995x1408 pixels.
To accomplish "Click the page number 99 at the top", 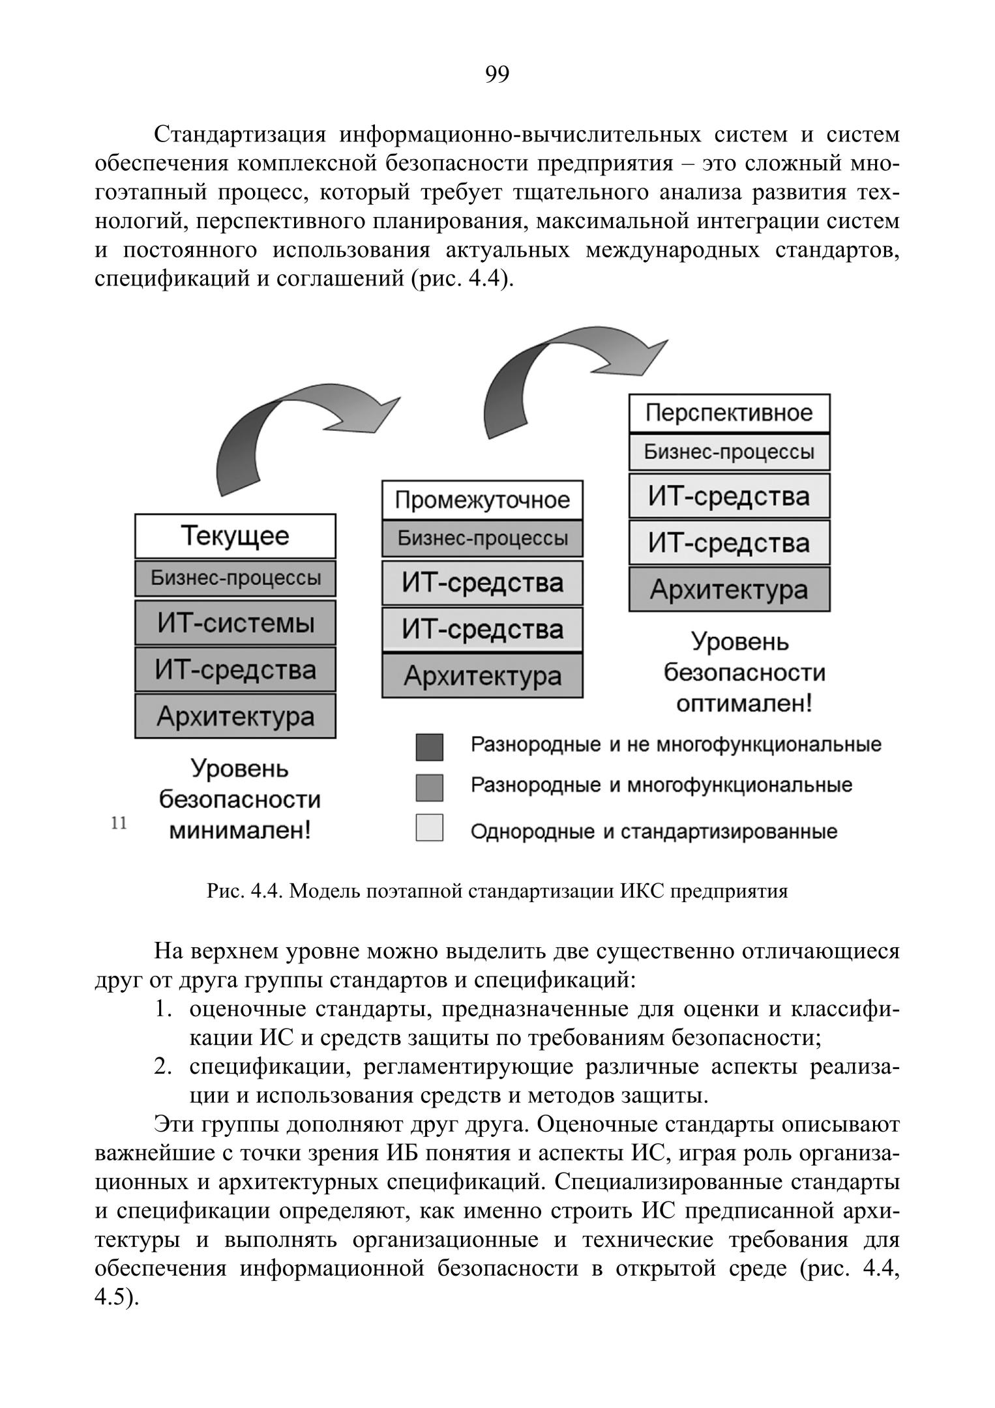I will pos(497,75).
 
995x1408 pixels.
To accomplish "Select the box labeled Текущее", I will pos(235,536).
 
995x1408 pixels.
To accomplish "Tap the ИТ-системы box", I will pos(235,623).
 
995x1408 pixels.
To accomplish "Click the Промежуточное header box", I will pos(482,500).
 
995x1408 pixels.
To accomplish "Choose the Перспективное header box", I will pos(729,413).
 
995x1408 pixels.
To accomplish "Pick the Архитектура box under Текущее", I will pos(235,716).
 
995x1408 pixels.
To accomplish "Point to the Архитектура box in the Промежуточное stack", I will pos(482,676).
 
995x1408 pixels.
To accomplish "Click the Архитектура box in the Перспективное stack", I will pos(729,589).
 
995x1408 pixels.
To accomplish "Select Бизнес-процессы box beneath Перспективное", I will pos(729,452).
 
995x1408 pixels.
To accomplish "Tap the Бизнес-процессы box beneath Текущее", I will pos(235,578).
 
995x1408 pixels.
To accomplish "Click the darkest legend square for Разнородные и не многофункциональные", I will pos(429,747).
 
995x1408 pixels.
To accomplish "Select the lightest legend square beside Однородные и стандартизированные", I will pos(429,828).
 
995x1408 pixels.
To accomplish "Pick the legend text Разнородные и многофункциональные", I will pos(661,785).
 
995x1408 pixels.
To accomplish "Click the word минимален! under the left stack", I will pos(239,830).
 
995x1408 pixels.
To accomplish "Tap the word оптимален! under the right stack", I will pos(744,704).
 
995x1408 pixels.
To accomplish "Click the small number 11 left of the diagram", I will pos(119,823).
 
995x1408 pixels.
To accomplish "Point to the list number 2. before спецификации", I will pos(163,1067).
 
